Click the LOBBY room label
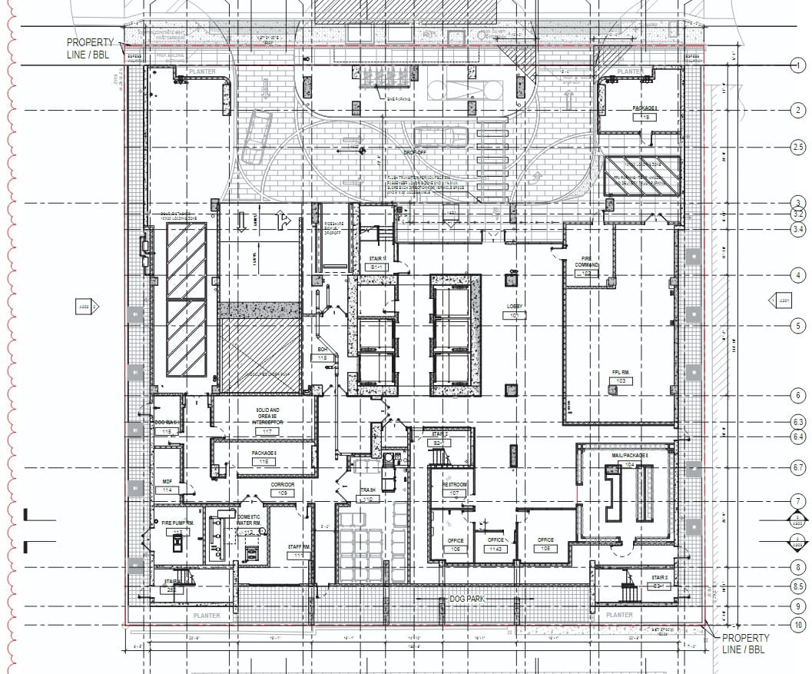pos(515,307)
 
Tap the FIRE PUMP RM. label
pos(177,523)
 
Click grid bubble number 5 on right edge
pos(797,327)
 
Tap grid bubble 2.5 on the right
pos(797,148)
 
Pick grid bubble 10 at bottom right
pos(797,627)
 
